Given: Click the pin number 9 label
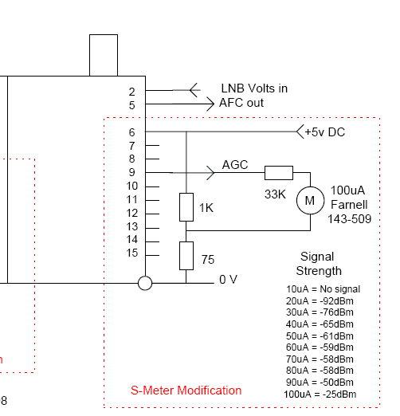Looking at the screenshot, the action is tap(132, 172).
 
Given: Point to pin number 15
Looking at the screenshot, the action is tap(132, 253).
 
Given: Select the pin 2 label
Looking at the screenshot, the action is tap(132, 92).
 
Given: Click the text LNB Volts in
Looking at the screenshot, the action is tap(254, 88).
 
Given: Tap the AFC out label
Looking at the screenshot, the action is tap(241, 103).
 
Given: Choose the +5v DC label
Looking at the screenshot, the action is tap(325, 132).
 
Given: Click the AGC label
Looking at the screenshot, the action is tap(235, 165).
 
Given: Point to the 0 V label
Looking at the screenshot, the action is tap(228, 280).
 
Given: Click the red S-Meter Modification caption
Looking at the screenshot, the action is tap(186, 390).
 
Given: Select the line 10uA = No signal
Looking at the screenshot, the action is tap(323, 289).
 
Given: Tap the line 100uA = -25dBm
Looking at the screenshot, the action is tap(320, 394).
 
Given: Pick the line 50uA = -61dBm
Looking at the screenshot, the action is tap(320, 336).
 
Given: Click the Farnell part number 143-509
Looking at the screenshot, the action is tap(349, 219).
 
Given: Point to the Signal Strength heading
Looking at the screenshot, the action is tap(319, 264).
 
